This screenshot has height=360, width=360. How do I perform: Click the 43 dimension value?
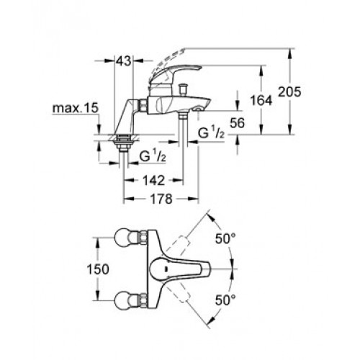(x=124, y=60)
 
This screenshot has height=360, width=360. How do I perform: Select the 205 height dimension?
(x=289, y=91)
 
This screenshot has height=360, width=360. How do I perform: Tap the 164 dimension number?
(x=261, y=100)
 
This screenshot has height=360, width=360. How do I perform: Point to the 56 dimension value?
(x=237, y=123)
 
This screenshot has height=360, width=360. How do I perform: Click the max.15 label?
(x=76, y=108)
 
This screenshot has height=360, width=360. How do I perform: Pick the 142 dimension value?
(x=154, y=180)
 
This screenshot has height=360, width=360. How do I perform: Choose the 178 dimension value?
(x=161, y=199)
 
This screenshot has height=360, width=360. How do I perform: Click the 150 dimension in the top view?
(x=98, y=269)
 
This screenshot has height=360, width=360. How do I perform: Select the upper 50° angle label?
(x=225, y=238)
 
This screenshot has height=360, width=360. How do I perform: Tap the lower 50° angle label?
(x=225, y=300)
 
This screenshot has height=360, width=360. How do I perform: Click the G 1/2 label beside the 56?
(x=211, y=133)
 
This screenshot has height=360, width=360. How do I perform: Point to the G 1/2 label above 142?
(x=153, y=156)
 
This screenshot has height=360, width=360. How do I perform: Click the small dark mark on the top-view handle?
(x=166, y=269)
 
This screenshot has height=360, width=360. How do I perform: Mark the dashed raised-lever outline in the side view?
(x=166, y=63)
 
